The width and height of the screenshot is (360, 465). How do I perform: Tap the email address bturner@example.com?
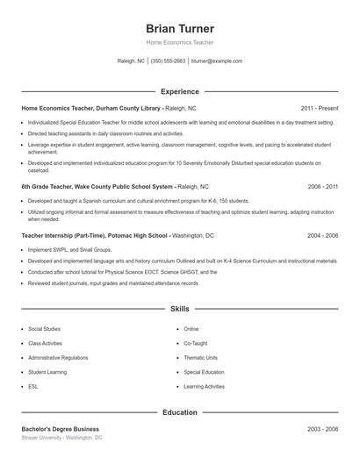click(x=216, y=61)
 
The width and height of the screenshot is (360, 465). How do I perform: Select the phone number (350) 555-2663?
click(x=168, y=61)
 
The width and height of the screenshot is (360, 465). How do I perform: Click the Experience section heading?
click(x=179, y=91)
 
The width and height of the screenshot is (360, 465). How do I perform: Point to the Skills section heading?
click(x=179, y=309)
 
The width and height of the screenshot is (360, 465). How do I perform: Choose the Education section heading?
click(x=179, y=411)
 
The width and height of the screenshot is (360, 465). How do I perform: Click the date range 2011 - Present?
click(x=318, y=108)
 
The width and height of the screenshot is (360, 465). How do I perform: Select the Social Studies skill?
click(x=45, y=329)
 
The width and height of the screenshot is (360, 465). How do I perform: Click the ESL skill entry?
click(x=32, y=387)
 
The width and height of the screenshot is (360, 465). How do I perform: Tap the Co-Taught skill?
click(x=195, y=343)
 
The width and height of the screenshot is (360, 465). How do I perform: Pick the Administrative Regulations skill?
click(x=58, y=358)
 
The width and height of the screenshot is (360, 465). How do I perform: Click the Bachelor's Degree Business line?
click(x=61, y=428)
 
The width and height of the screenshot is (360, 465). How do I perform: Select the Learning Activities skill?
click(x=204, y=387)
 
